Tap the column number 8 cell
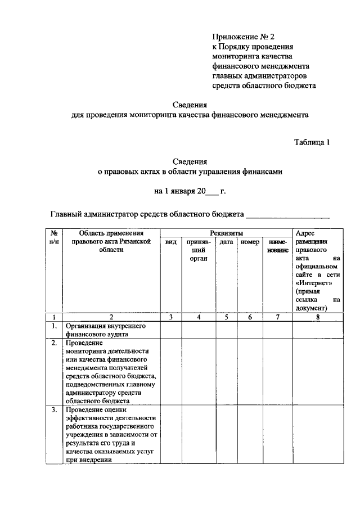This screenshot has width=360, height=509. click(x=318, y=317)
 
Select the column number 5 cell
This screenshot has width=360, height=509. click(x=226, y=317)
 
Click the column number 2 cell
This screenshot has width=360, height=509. click(x=111, y=317)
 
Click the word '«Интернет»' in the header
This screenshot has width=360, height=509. click(x=311, y=283)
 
